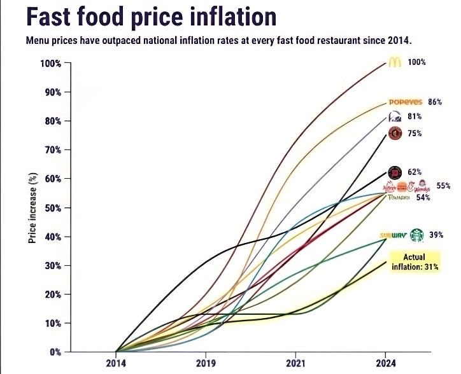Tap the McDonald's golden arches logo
coord(394,62)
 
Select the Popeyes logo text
coord(406,102)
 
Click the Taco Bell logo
coord(395,116)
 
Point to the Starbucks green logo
coord(416,235)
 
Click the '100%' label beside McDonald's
coord(416,62)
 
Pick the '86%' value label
coord(434,102)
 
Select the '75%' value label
coord(415,134)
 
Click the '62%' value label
coord(415,172)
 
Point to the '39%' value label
coord(436,235)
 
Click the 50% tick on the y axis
coord(52,207)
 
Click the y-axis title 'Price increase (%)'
coord(32,208)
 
